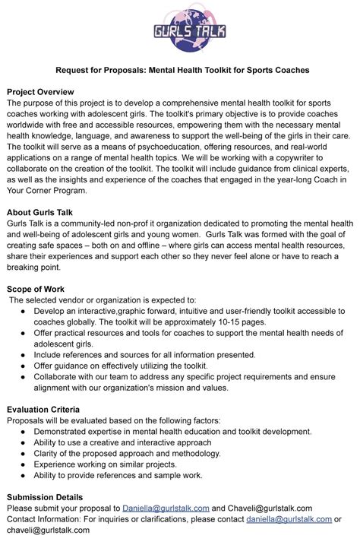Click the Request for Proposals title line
180,70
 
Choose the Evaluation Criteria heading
43,410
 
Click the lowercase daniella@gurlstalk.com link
289,520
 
